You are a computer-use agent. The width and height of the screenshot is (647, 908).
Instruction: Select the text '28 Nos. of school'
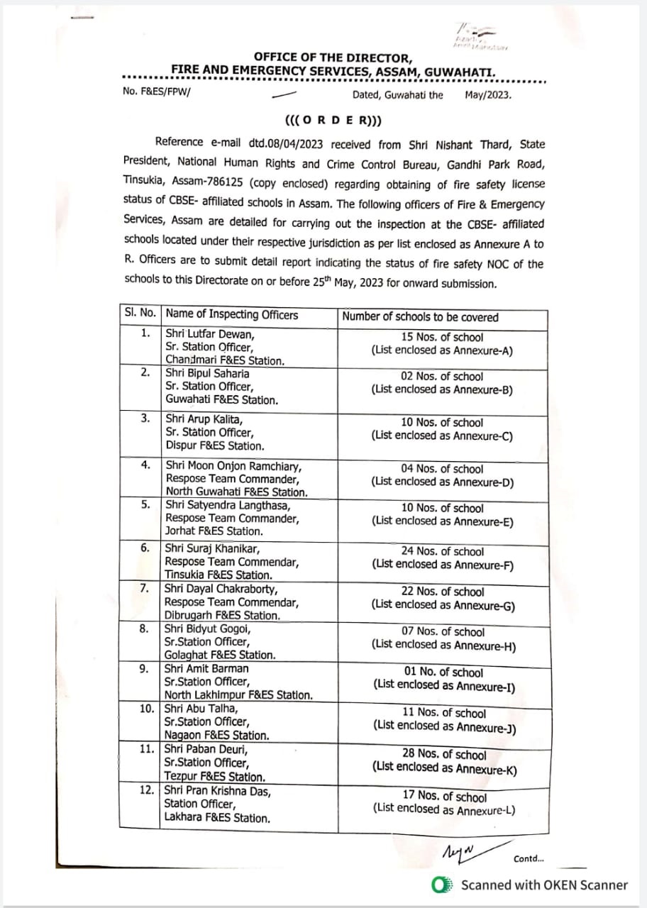(x=445, y=754)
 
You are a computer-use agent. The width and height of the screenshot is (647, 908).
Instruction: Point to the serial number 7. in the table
(x=145, y=589)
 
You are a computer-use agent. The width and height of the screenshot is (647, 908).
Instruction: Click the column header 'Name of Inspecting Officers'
(x=232, y=315)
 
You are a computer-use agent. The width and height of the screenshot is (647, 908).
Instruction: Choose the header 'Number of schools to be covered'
(x=420, y=316)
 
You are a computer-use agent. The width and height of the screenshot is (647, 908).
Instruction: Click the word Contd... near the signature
(x=529, y=859)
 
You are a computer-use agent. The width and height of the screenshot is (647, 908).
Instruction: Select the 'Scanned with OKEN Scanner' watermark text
(x=544, y=885)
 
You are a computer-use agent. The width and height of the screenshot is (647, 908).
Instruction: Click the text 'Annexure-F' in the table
(x=485, y=565)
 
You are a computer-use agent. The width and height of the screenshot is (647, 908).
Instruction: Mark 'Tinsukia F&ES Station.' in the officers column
(x=218, y=575)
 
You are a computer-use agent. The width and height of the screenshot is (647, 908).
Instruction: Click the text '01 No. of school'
(x=443, y=672)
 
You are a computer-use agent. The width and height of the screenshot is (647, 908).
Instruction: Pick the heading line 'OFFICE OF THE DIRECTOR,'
(x=332, y=57)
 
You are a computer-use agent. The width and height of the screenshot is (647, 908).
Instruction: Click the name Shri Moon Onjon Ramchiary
(x=233, y=466)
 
